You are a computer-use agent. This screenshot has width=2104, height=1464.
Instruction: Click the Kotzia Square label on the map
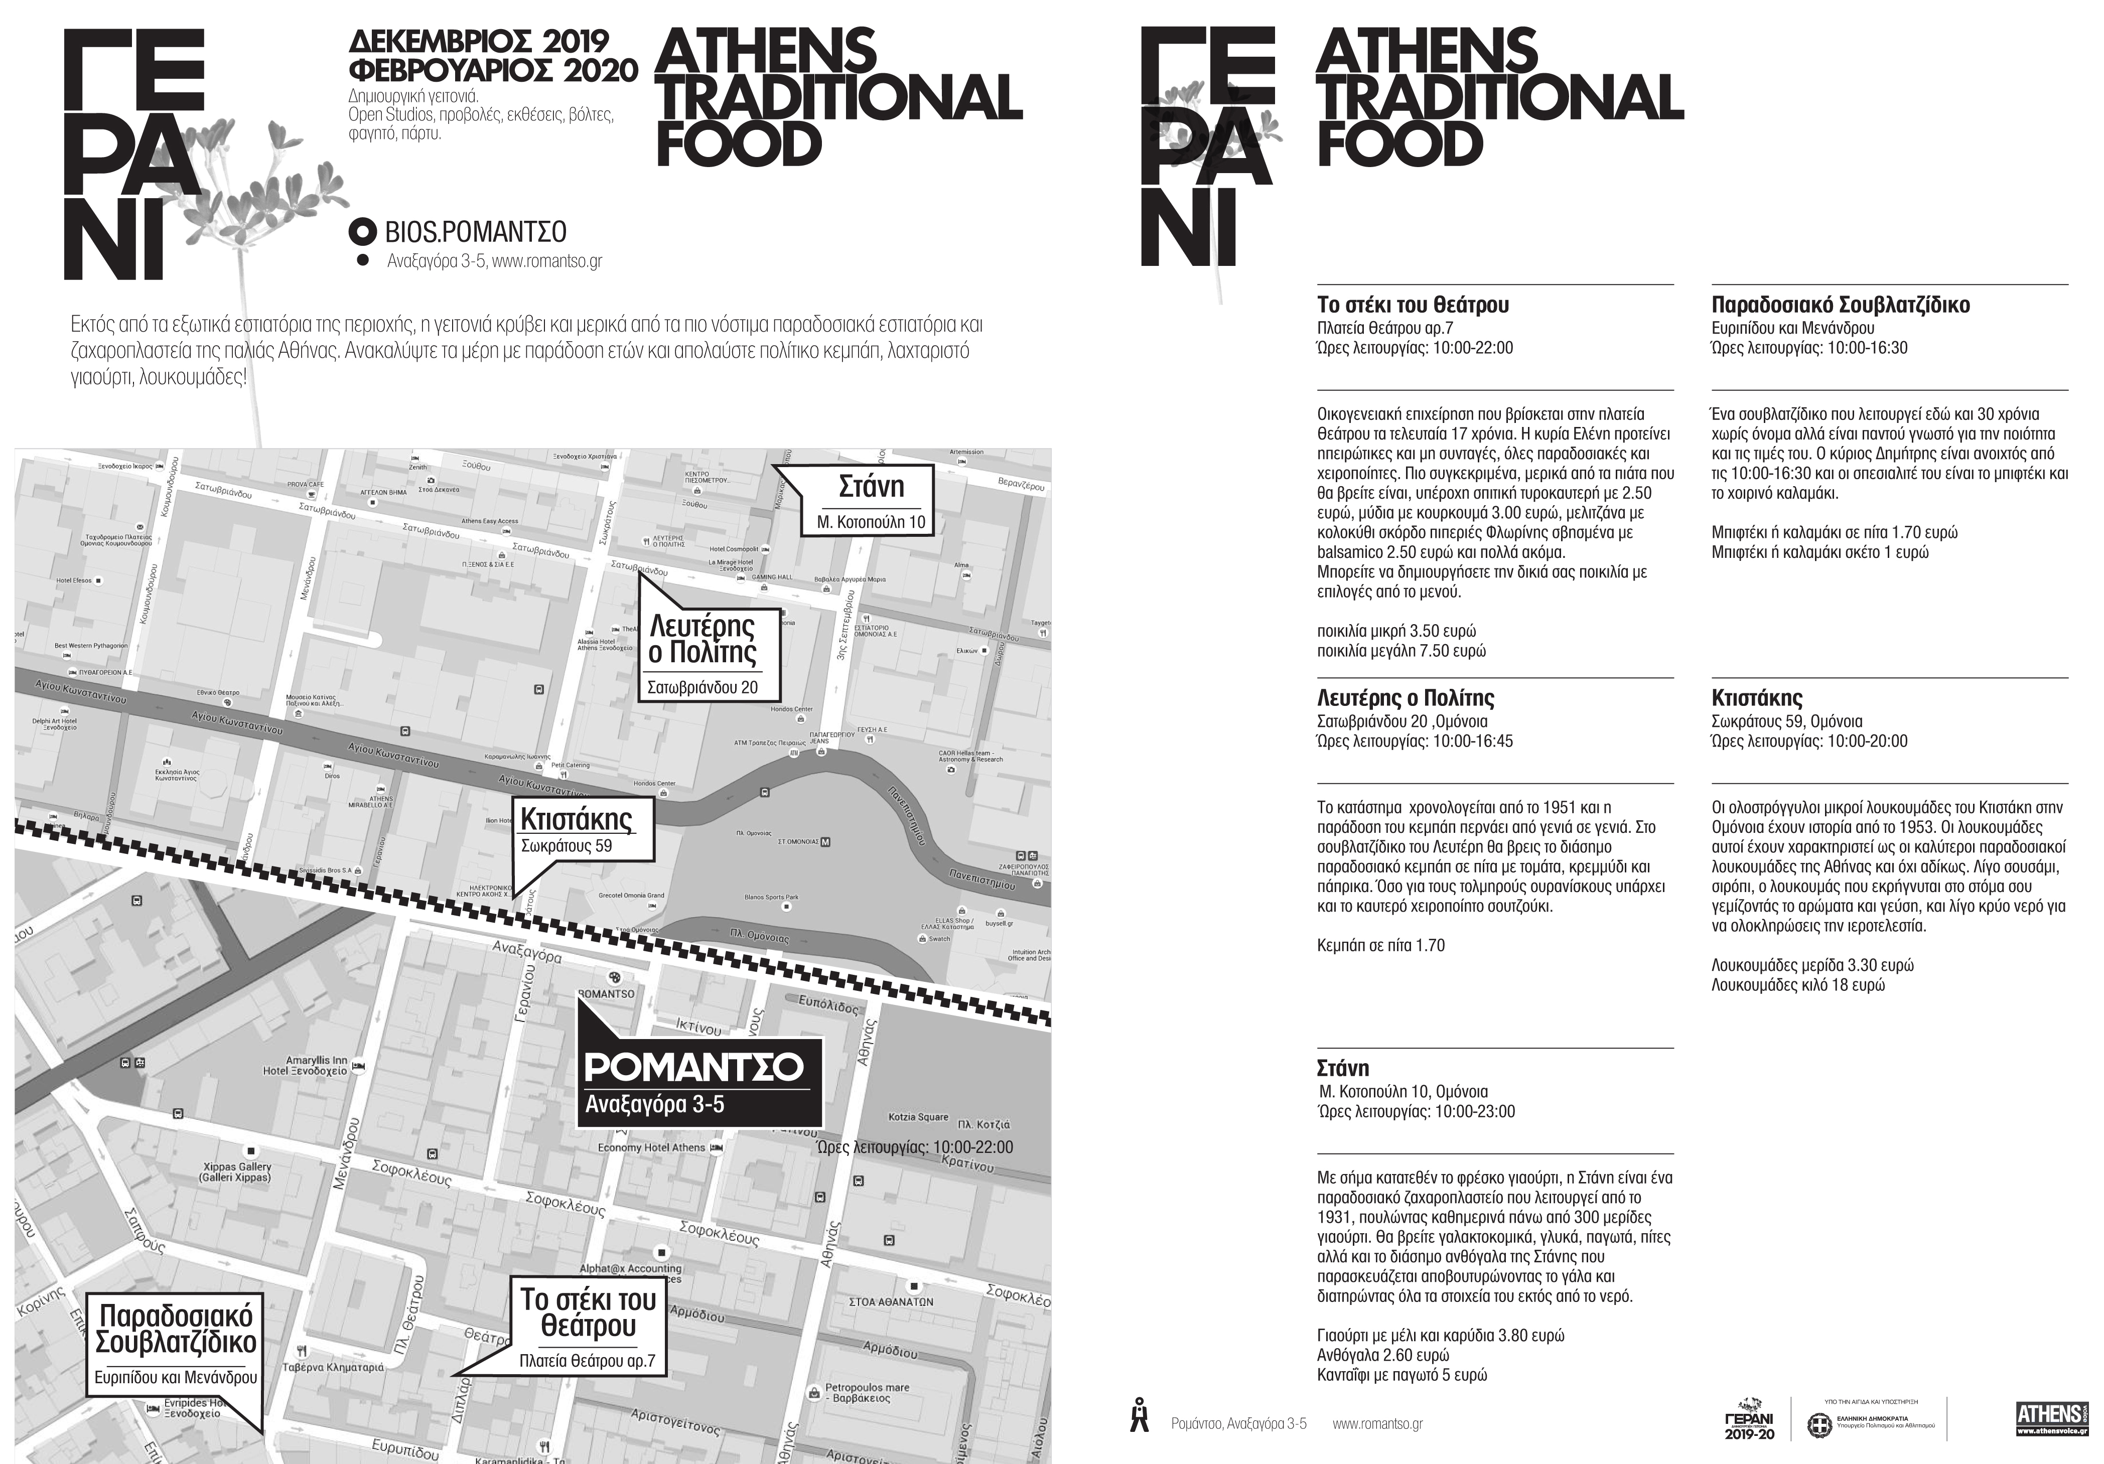[x=918, y=1117]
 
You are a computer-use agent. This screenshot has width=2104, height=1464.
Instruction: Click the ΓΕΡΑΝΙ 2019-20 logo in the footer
[x=1748, y=1419]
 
